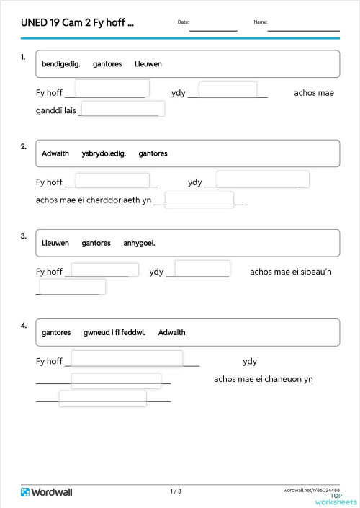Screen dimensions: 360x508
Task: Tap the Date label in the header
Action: point(183,22)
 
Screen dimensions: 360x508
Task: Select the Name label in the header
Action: point(260,22)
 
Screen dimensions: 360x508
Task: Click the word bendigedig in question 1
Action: point(60,64)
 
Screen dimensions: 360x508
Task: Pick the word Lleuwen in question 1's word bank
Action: point(148,64)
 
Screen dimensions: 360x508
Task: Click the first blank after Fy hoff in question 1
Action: point(112,89)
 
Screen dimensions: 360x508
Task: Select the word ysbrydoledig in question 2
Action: point(104,153)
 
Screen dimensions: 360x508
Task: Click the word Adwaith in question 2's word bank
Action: point(55,153)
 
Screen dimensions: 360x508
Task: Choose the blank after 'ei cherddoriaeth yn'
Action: point(199,200)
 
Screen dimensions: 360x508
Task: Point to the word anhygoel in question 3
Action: point(139,243)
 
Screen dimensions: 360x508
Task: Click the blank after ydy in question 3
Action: point(202,269)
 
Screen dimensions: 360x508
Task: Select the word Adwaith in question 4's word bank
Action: point(171,332)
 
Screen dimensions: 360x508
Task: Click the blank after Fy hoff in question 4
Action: point(127,358)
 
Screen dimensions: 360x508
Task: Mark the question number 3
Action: point(24,236)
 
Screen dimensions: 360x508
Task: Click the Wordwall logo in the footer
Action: point(47,492)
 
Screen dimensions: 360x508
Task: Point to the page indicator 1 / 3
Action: point(176,491)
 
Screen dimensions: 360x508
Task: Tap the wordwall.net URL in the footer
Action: point(312,489)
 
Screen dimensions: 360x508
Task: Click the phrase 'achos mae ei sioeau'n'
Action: point(291,272)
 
